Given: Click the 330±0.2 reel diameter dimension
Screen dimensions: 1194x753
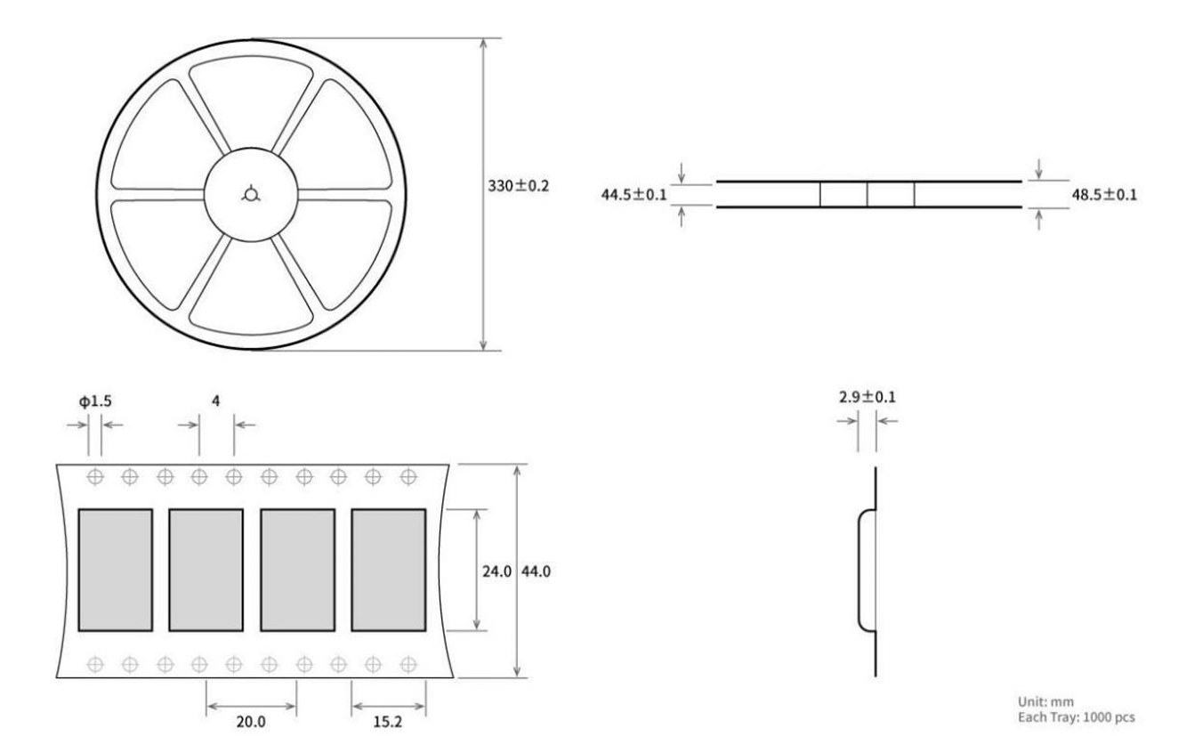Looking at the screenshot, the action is pyautogui.click(x=518, y=186).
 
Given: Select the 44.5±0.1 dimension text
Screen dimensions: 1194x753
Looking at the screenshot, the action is pyautogui.click(x=633, y=195).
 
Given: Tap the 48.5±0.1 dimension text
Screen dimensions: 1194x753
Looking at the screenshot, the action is pyautogui.click(x=1104, y=195).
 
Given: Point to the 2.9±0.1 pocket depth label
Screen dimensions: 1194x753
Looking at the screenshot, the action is pyautogui.click(x=867, y=397).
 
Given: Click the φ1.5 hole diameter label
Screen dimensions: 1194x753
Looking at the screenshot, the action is pyautogui.click(x=95, y=401).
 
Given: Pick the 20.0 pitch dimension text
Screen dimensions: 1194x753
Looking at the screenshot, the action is pyautogui.click(x=251, y=722).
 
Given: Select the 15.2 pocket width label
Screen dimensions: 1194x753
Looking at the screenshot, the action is pyautogui.click(x=388, y=722).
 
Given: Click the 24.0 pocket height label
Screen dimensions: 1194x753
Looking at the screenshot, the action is pyautogui.click(x=496, y=571).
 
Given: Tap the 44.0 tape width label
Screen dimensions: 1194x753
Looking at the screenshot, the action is pyautogui.click(x=536, y=571).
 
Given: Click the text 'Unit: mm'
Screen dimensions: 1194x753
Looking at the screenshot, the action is pyautogui.click(x=1045, y=701).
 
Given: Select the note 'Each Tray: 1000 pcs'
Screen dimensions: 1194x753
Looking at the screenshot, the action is pyautogui.click(x=1077, y=717).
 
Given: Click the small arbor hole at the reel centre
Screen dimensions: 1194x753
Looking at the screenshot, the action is pyautogui.click(x=251, y=194).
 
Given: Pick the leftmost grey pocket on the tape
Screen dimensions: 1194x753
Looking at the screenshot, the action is pyautogui.click(x=115, y=570).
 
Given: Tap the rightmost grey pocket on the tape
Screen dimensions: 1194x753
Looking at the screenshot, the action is pyautogui.click(x=389, y=570).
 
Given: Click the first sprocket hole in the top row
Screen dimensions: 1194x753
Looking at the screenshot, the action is pyautogui.click(x=95, y=476).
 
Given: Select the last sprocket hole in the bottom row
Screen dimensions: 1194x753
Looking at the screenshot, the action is pyautogui.click(x=408, y=665).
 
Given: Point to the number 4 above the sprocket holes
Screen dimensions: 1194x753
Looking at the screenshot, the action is pyautogui.click(x=216, y=401).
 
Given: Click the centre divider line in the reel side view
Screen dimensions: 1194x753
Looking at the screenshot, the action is pyautogui.click(x=867, y=195).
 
